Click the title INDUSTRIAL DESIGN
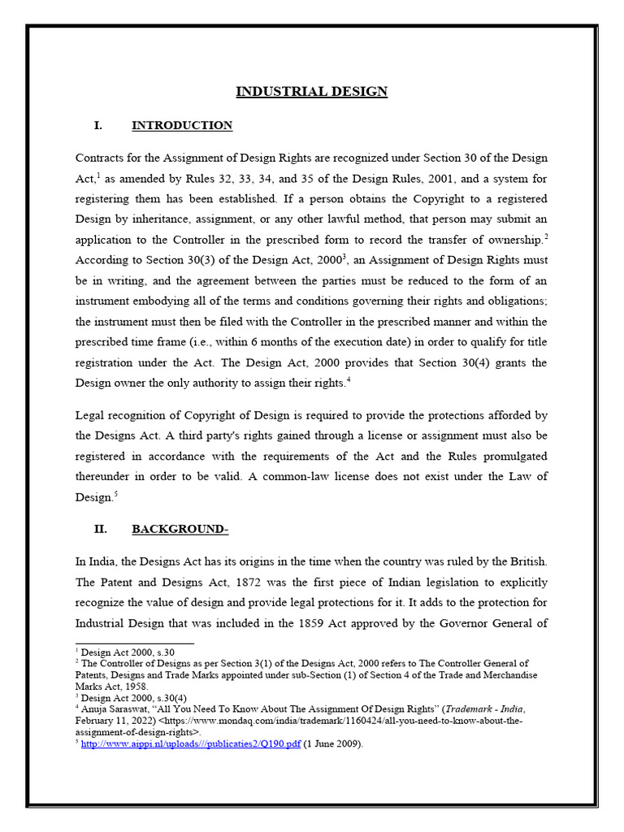tap(311, 91)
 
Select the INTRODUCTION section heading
tap(182, 125)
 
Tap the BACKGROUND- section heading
tap(180, 529)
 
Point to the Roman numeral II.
tap(101, 529)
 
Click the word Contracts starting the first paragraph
tap(101, 158)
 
